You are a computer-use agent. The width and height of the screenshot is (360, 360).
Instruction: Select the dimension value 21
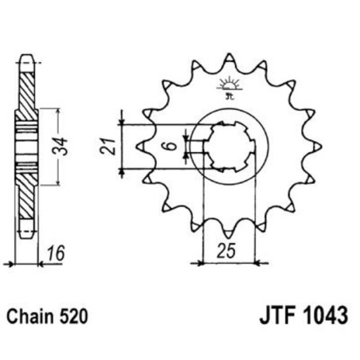[x=112, y=147]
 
